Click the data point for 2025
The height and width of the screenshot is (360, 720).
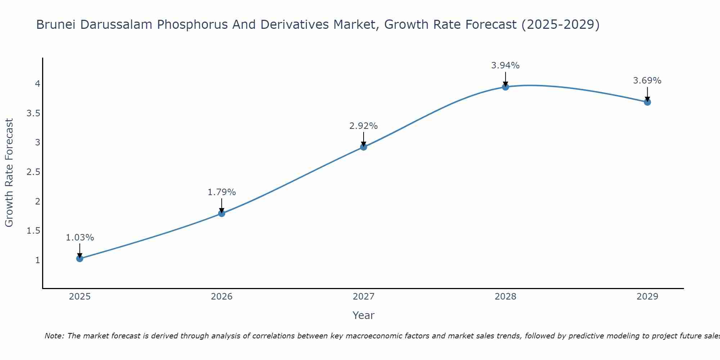[80, 258]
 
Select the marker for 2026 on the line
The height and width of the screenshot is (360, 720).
[221, 213]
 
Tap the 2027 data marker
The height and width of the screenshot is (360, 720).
[363, 147]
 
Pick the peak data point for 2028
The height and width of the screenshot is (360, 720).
[505, 87]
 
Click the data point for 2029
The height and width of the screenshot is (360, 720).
[647, 102]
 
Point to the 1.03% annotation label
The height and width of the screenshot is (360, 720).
[80, 238]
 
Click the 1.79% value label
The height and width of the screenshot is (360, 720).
[221, 192]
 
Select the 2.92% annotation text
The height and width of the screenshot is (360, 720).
[363, 126]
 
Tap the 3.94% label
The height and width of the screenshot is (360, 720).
[505, 66]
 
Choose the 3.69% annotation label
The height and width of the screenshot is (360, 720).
[647, 81]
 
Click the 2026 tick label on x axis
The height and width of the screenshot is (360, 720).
[221, 297]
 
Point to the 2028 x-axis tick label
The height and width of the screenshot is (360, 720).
[505, 297]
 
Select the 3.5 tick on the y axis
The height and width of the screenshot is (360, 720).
[33, 113]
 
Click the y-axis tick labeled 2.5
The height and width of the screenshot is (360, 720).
[33, 172]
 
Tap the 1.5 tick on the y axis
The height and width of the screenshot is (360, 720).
[33, 231]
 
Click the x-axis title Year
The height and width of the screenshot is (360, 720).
[363, 315]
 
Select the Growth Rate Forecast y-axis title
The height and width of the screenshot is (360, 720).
[9, 172]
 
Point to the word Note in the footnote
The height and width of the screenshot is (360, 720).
[54, 336]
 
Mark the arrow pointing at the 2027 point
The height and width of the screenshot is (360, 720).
[363, 139]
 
